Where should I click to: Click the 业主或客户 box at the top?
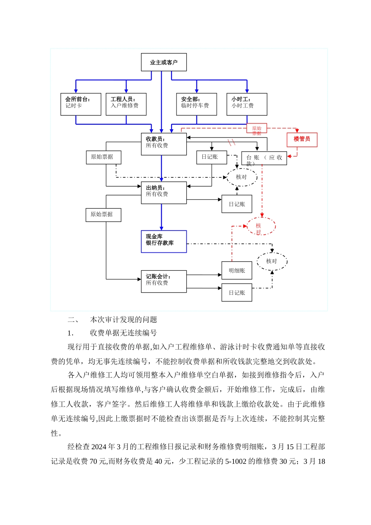[x=164, y=62]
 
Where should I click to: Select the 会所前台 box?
[x=81, y=104]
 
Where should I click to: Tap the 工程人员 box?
[x=126, y=104]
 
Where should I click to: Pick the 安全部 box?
[x=196, y=104]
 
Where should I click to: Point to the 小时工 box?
[x=247, y=104]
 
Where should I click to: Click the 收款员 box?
[x=164, y=144]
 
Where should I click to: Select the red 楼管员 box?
[x=302, y=139]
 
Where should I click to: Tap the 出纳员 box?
[x=164, y=193]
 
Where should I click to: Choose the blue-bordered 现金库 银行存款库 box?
[x=164, y=241]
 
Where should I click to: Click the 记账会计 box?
[x=164, y=281]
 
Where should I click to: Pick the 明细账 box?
[x=237, y=270]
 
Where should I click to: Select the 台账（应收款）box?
[x=264, y=158]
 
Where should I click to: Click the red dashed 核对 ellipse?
[x=261, y=227]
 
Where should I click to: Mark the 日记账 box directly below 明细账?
[x=237, y=293]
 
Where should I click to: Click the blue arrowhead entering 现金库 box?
[x=161, y=228]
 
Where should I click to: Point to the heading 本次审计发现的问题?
[x=123, y=320]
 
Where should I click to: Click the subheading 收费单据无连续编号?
[x=123, y=333]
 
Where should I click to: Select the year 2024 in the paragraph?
[x=99, y=446]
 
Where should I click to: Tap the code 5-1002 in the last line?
[x=235, y=461]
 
